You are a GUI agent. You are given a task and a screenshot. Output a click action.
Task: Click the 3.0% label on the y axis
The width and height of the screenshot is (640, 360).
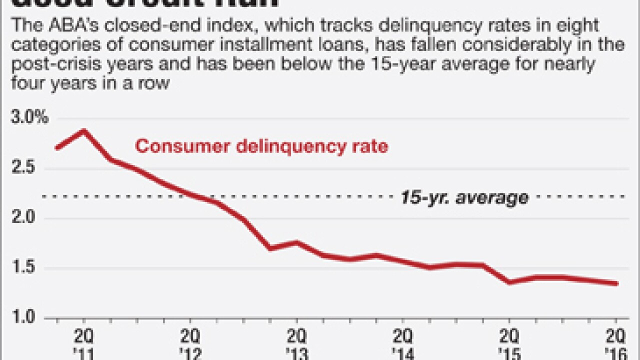tap(29, 118)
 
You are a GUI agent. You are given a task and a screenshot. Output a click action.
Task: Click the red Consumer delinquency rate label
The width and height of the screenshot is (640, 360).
tap(261, 146)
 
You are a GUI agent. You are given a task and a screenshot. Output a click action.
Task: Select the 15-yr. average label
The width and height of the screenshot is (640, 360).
tap(464, 197)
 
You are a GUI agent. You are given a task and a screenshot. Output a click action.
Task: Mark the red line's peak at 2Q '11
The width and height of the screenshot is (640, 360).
tap(83, 131)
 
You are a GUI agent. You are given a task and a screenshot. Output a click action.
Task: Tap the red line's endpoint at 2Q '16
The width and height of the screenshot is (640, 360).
tap(616, 283)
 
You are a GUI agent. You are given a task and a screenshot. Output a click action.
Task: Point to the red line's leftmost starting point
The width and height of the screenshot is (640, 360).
tap(57, 148)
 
